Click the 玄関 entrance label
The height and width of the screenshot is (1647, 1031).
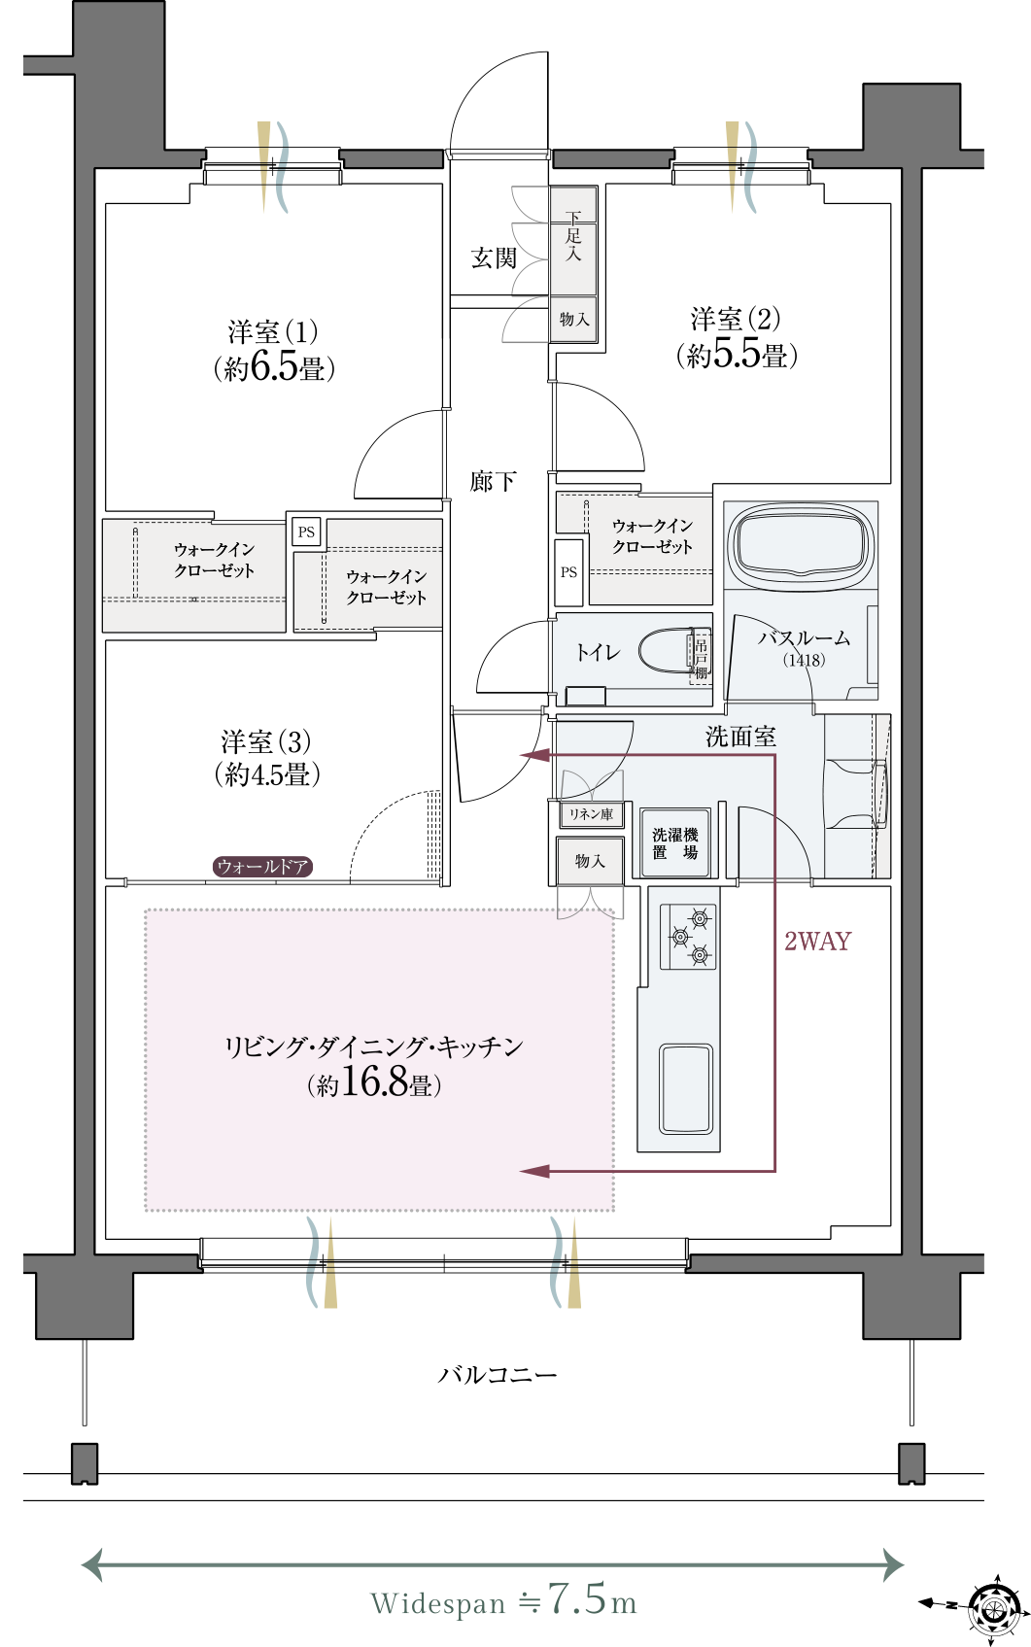(x=495, y=258)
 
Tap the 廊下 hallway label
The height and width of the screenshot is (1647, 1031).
(x=493, y=482)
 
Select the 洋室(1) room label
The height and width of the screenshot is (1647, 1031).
(x=273, y=332)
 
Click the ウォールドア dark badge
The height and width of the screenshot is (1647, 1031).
(x=263, y=866)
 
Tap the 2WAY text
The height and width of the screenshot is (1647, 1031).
(x=818, y=942)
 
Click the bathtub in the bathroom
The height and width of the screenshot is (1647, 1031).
(x=800, y=544)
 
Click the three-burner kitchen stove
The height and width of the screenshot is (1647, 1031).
(x=688, y=937)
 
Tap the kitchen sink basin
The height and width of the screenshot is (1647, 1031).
(x=686, y=1090)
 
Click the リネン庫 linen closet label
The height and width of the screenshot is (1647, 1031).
(x=591, y=814)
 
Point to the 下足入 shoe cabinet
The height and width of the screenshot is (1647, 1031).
(x=573, y=240)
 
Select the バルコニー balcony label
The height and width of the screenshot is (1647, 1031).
(x=498, y=1374)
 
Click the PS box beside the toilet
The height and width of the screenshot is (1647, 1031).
(x=568, y=572)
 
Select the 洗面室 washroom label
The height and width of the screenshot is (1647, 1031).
(x=740, y=736)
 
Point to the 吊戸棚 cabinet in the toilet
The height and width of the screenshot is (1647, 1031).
(x=700, y=659)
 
